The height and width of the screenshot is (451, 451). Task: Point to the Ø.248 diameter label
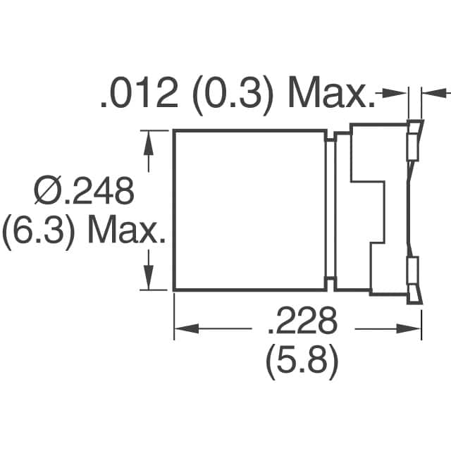point(84,191)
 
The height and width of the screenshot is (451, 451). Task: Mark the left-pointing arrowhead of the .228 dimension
point(184,328)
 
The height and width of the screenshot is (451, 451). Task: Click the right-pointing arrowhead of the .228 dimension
point(412,328)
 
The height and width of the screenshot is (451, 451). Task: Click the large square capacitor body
point(249,210)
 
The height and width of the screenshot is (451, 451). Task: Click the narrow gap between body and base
point(330,210)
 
